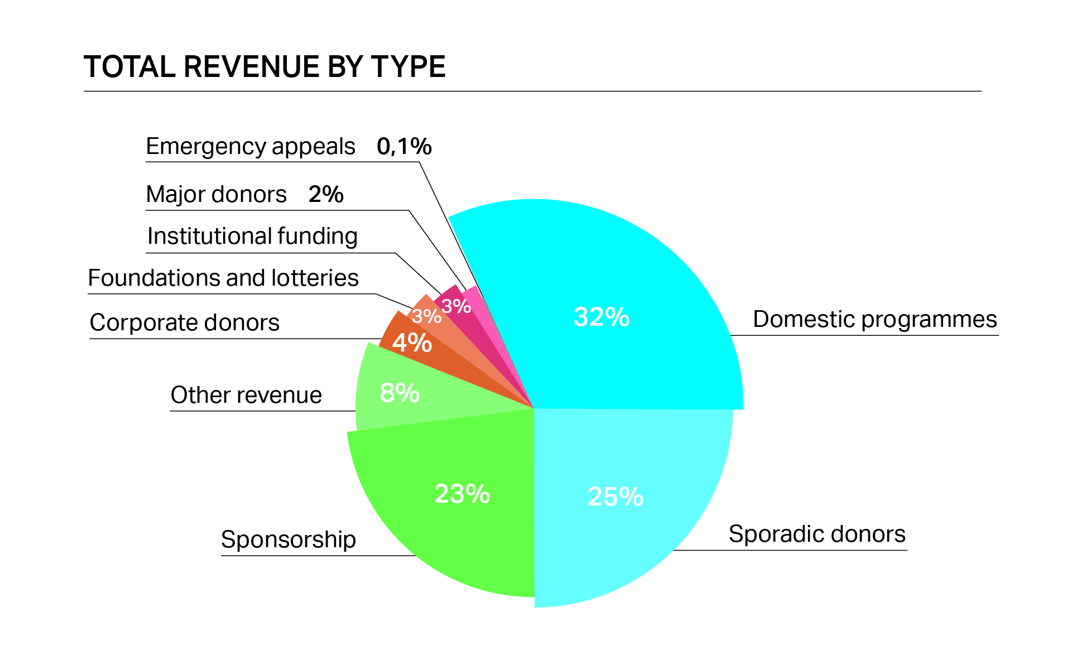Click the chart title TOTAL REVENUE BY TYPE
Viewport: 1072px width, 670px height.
265,67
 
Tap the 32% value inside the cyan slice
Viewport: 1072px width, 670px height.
602,317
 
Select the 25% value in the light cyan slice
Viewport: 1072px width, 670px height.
616,497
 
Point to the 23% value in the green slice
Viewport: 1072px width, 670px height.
462,494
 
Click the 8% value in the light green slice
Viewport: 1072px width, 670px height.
400,393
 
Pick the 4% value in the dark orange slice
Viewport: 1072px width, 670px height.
412,343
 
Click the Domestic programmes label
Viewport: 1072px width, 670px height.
874,319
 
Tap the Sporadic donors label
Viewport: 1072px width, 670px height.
817,534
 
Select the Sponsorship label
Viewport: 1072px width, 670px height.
289,539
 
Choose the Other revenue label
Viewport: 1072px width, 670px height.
246,395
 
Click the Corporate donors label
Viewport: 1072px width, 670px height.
184,322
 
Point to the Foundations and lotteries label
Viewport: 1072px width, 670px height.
223,278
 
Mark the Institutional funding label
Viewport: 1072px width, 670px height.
252,236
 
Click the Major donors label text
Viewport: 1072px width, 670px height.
216,194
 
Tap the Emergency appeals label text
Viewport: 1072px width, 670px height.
250,146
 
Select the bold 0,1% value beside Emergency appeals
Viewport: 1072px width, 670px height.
404,146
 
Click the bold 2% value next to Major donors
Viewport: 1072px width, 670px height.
326,194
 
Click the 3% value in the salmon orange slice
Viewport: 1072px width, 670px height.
426,316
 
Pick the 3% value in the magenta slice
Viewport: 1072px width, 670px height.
456,306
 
